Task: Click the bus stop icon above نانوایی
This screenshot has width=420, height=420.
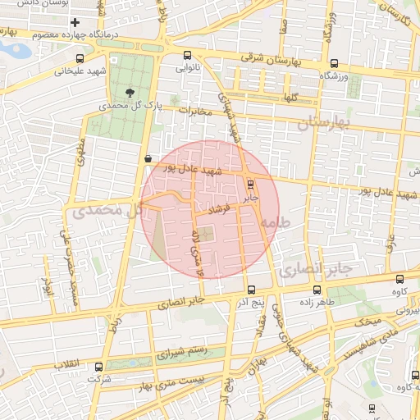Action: tap(188, 56)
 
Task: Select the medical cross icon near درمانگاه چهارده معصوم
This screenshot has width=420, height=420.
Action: tap(75, 22)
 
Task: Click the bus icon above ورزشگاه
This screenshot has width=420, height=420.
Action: tap(334, 63)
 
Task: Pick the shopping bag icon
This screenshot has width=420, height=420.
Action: tap(148, 158)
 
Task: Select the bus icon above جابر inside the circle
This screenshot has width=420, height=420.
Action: tap(250, 185)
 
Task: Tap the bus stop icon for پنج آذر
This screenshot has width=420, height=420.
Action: tap(251, 290)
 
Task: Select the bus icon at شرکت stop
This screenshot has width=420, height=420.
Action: tap(104, 368)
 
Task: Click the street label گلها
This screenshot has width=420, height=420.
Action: tap(290, 97)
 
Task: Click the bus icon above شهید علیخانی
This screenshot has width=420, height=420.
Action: tap(80, 58)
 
